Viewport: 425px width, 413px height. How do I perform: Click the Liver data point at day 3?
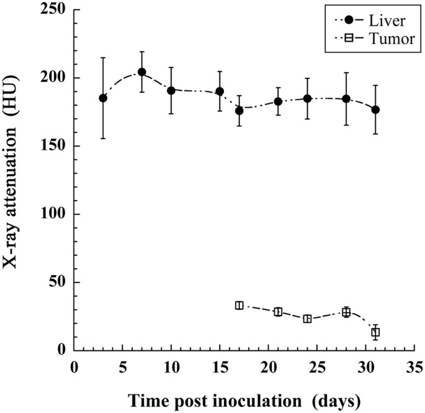pyautogui.click(x=103, y=98)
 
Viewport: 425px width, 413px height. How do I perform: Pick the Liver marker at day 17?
pyautogui.click(x=239, y=111)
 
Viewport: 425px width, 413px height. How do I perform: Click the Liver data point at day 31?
pyautogui.click(x=375, y=110)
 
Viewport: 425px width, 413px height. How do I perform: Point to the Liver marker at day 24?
pyautogui.click(x=307, y=99)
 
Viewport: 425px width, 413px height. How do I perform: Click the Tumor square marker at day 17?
pyautogui.click(x=239, y=306)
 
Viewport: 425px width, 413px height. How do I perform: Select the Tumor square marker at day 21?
pyautogui.click(x=278, y=312)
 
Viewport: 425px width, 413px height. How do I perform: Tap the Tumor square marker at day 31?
pyautogui.click(x=375, y=332)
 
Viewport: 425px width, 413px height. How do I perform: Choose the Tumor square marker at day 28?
pyautogui.click(x=346, y=312)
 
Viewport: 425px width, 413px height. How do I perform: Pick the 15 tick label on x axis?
pyautogui.click(x=219, y=366)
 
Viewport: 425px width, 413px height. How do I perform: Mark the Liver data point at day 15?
pyautogui.click(x=220, y=91)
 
